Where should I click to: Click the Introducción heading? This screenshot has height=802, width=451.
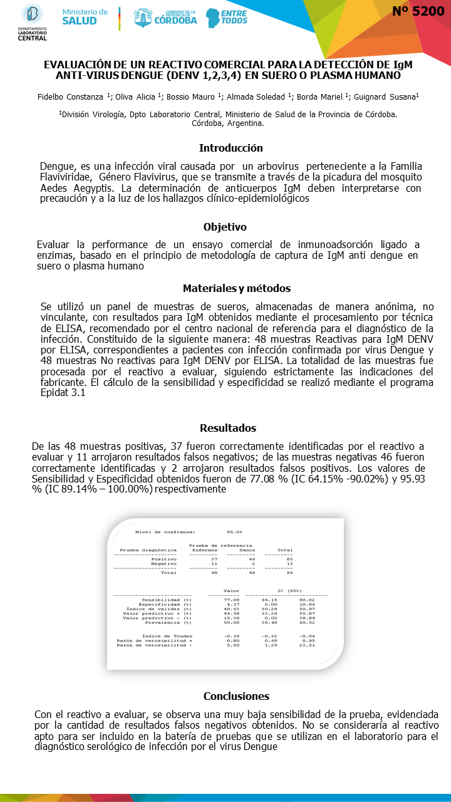click(231, 148)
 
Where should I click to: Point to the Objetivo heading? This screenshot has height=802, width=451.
click(225, 227)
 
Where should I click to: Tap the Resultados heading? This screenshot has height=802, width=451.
click(228, 428)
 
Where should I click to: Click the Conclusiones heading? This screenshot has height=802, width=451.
click(237, 696)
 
